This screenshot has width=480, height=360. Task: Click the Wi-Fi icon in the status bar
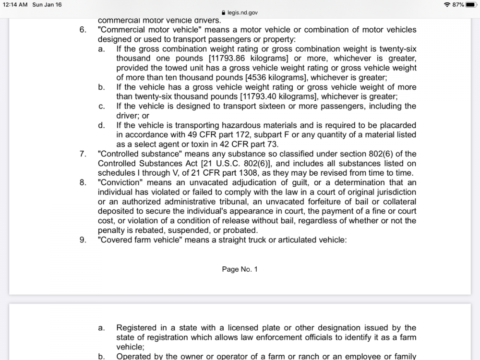447,4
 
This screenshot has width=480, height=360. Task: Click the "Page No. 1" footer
240,269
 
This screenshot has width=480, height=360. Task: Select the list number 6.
83,30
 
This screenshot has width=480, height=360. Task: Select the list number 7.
83,154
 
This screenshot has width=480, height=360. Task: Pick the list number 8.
83,182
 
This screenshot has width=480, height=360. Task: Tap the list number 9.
83,240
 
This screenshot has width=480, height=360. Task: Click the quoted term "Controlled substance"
135,154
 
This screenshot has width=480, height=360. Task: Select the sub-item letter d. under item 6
101,125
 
